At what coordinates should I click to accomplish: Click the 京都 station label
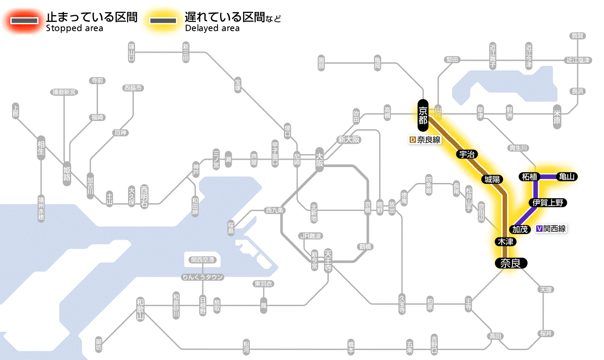point(423,115)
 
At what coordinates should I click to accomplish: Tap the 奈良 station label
point(510,263)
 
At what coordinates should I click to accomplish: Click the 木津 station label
point(506,242)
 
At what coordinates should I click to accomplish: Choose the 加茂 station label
point(520,229)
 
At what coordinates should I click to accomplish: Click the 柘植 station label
point(529,177)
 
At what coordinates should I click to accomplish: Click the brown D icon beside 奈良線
point(412,140)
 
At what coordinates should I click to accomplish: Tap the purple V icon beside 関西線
point(539,229)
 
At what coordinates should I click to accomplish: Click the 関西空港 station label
point(202,259)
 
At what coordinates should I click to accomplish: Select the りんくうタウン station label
point(202,277)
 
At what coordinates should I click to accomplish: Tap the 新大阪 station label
point(349,140)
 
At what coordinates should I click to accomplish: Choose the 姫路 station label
point(67,174)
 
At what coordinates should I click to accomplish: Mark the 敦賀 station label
point(577,36)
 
